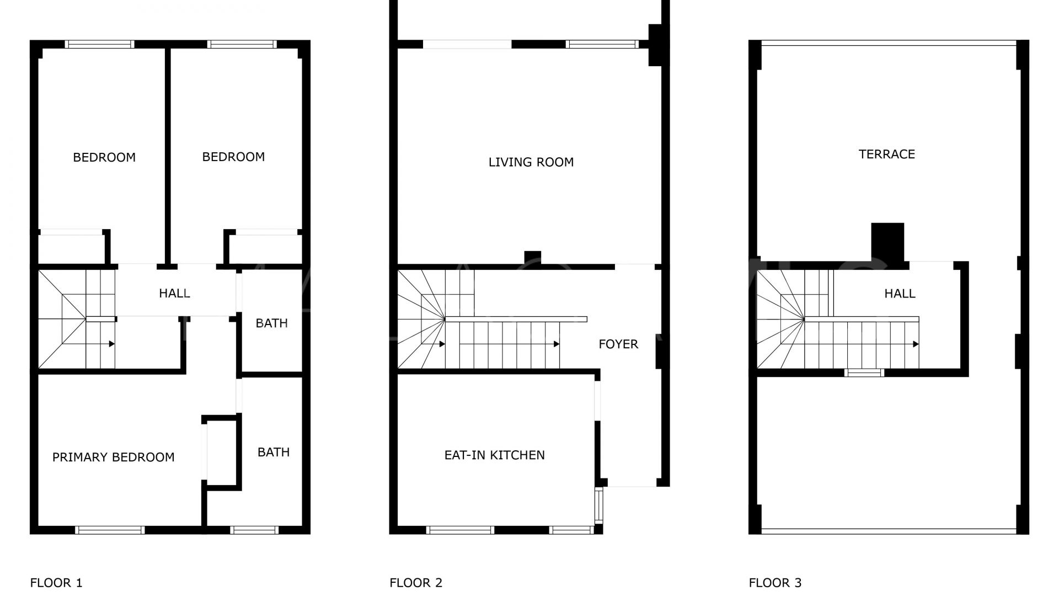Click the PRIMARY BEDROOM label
[113, 457]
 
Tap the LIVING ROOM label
[531, 162]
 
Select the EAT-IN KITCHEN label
[495, 455]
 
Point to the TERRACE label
[887, 154]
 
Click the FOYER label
[618, 344]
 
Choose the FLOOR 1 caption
[56, 582]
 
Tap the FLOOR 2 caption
[416, 582]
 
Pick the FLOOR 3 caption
[775, 582]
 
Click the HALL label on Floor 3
[900, 294]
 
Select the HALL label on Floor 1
[174, 293]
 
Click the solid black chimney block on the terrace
[887, 242]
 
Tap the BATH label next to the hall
[271, 323]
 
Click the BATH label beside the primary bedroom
[274, 452]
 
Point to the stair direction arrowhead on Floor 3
[916, 344]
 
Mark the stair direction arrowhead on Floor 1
[112, 344]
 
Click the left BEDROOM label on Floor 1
[104, 157]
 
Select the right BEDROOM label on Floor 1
[233, 157]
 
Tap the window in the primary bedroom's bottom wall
[110, 530]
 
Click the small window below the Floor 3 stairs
[864, 372]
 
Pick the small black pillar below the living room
[532, 258]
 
